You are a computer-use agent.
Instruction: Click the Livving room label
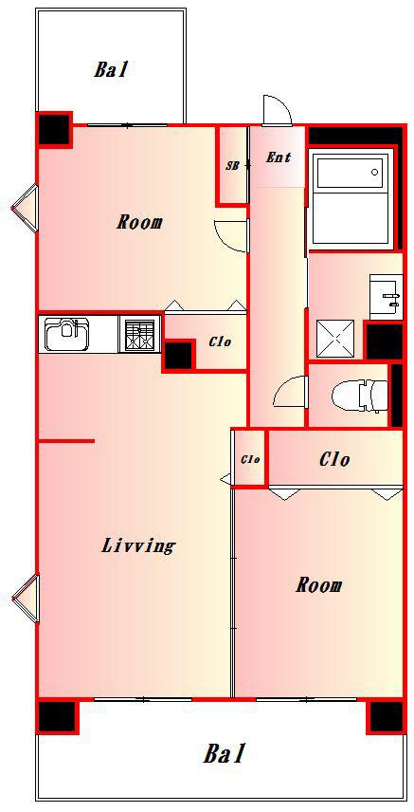pyautogui.click(x=138, y=545)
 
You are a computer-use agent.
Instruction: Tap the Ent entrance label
pyautogui.click(x=278, y=157)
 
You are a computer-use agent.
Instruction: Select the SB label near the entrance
pyautogui.click(x=232, y=167)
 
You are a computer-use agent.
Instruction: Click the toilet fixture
pyautogui.click(x=360, y=397)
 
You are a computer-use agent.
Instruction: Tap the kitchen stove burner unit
pyautogui.click(x=139, y=335)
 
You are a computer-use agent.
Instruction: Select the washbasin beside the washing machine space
pyautogui.click(x=386, y=298)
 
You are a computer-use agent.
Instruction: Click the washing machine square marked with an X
pyautogui.click(x=335, y=339)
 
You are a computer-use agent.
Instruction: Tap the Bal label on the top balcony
pyautogui.click(x=110, y=69)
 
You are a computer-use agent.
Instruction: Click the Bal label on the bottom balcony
pyautogui.click(x=223, y=753)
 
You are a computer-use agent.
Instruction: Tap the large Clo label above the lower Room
pyautogui.click(x=333, y=459)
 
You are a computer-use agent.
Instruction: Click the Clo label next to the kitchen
pyautogui.click(x=220, y=341)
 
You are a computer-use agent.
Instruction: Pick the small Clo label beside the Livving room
pyautogui.click(x=250, y=459)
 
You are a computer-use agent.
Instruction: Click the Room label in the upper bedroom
pyautogui.click(x=138, y=223)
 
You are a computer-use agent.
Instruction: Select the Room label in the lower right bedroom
pyautogui.click(x=318, y=585)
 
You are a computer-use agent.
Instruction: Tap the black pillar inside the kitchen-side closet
pyautogui.click(x=178, y=355)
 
